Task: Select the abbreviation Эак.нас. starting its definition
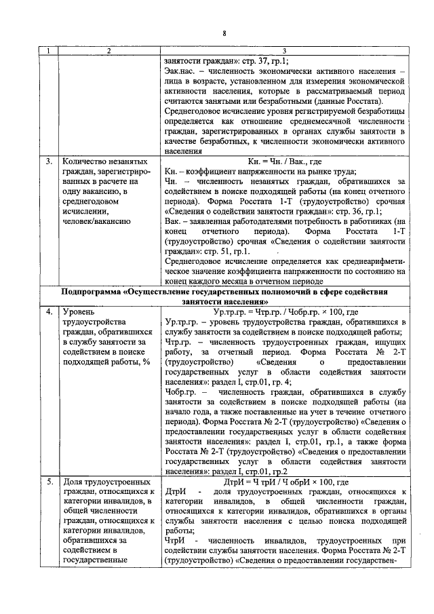tap(181, 71)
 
